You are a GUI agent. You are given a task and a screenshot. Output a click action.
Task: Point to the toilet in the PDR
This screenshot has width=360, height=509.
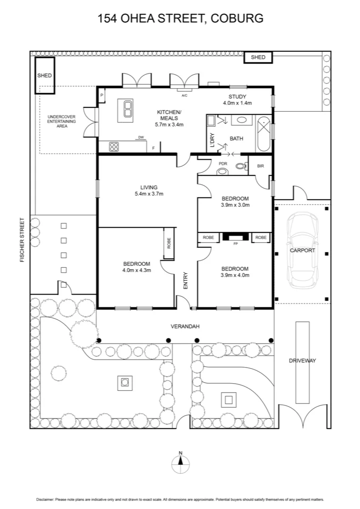point(241,166)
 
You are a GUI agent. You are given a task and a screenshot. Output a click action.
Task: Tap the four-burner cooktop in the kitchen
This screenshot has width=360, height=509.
point(114,147)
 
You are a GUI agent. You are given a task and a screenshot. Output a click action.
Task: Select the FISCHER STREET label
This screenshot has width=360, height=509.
point(22,240)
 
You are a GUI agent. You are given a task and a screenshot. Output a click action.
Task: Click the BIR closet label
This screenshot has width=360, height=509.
point(261,166)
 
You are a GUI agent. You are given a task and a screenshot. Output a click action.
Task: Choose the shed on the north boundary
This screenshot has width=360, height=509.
point(258,57)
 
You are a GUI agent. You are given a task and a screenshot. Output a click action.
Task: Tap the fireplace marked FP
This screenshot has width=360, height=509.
point(235,238)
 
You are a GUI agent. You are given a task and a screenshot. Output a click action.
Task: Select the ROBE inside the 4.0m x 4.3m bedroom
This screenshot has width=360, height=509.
point(169,243)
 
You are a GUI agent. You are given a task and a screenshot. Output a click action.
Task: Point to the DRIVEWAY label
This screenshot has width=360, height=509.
point(302,361)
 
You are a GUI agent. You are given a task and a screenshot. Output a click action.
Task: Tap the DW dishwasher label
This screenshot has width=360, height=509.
point(140,138)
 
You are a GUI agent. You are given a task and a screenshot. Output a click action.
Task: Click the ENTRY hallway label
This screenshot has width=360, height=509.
point(185,281)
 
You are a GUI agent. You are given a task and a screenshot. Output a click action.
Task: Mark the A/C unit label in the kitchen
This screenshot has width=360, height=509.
point(185,95)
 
